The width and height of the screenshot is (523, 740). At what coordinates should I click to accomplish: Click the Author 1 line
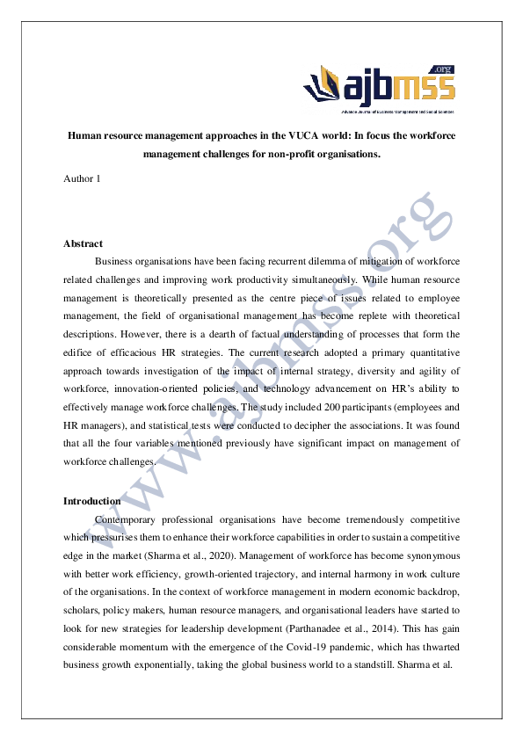point(82,179)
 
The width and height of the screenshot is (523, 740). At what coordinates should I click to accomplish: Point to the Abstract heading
point(83,243)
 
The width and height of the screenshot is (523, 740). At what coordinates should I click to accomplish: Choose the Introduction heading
point(91,501)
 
